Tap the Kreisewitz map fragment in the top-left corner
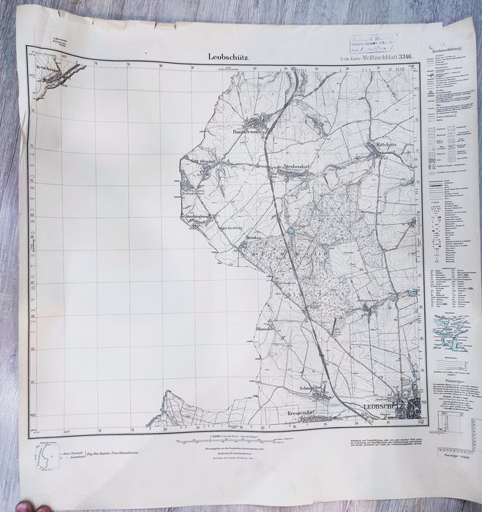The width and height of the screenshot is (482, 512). (x=51, y=75)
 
